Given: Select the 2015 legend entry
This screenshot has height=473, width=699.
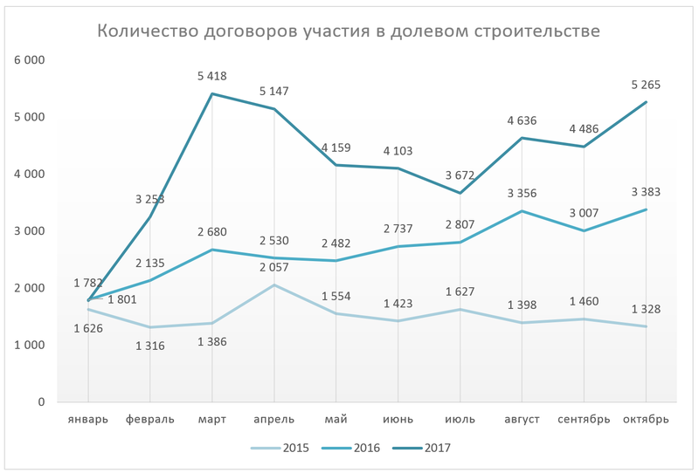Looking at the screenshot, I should pos(285,449).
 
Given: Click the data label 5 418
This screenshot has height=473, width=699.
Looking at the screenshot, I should pos(212,78).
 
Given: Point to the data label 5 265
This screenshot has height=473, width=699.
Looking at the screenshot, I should pos(646,86).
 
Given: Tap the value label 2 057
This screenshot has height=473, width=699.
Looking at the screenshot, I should pos(274,268).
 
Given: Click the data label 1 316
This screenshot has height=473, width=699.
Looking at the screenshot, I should pos(150,346).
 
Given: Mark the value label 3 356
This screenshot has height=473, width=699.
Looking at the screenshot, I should pos(522,194).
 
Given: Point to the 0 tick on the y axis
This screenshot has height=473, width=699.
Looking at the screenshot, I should pos(40,402).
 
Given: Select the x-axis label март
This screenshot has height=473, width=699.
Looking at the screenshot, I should pos(212,419).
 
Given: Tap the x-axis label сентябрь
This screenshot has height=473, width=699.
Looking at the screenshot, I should pos(584,419).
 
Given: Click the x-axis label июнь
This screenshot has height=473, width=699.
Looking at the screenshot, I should pos(398,419).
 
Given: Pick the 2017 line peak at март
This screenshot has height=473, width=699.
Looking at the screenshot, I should pos(212,93).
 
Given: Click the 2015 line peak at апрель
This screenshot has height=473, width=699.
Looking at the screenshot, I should pos(274,284).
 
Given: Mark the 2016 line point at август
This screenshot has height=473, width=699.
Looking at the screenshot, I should pos(522,210).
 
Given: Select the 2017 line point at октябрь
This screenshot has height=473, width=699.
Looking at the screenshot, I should pos(646,102).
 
